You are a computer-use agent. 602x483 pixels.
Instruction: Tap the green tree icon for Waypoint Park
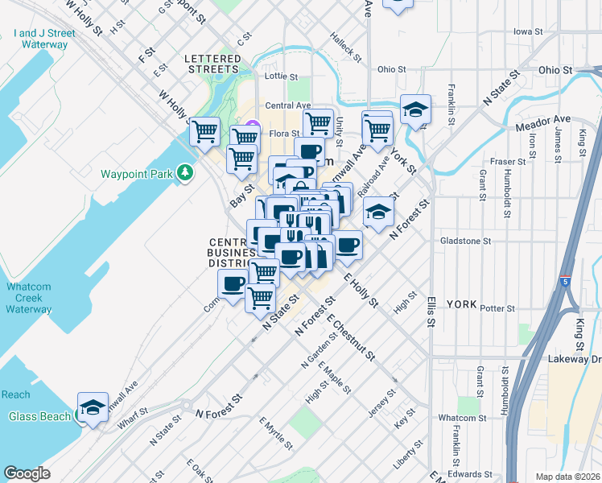[x=186, y=172]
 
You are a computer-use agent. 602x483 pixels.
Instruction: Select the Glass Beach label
[x=35, y=416]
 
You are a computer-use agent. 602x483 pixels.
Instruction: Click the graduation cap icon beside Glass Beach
[x=93, y=407]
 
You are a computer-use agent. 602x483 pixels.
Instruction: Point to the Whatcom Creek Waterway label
[x=28, y=298]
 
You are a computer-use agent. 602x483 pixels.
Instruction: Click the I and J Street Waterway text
[x=44, y=39]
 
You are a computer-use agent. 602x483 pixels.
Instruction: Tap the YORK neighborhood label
[x=461, y=305]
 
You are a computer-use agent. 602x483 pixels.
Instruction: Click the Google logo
[x=27, y=473]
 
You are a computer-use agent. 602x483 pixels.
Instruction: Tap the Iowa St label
[x=528, y=31]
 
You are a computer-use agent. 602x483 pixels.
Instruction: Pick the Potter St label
[x=496, y=308]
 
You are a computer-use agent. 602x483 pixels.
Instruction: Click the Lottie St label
[x=281, y=77]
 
